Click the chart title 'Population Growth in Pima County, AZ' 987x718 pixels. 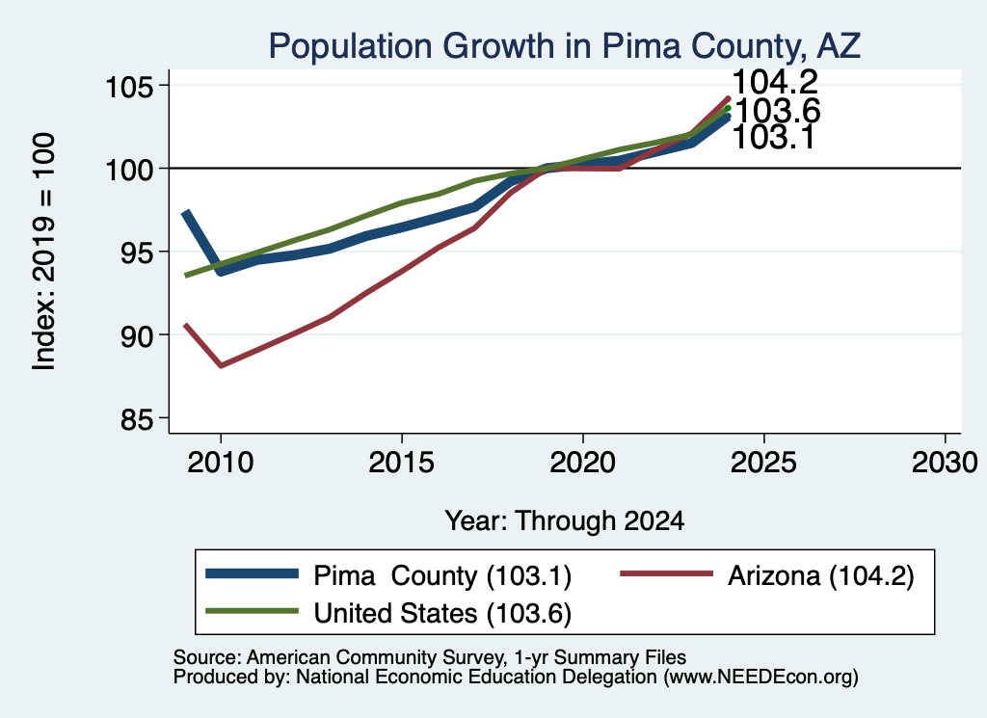(x=564, y=46)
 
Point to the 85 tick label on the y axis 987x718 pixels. (x=137, y=419)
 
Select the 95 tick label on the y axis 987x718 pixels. (x=137, y=253)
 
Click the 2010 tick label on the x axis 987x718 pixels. (x=221, y=463)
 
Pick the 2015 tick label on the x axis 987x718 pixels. (x=402, y=463)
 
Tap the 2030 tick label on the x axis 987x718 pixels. (x=945, y=463)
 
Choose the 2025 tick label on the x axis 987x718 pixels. (x=763, y=463)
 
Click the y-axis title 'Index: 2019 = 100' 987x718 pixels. (x=44, y=252)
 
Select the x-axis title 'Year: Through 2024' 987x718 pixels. (x=565, y=521)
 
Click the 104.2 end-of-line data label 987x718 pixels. (x=775, y=82)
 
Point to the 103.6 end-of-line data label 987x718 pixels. (x=778, y=111)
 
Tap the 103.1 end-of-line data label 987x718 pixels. (x=774, y=137)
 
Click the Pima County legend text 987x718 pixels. (x=442, y=575)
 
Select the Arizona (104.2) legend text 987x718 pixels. (x=821, y=575)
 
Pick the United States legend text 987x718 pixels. (x=442, y=613)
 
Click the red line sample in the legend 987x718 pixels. (x=667, y=573)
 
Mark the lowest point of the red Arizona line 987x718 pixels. (x=221, y=365)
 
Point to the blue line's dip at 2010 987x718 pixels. (x=221, y=270)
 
